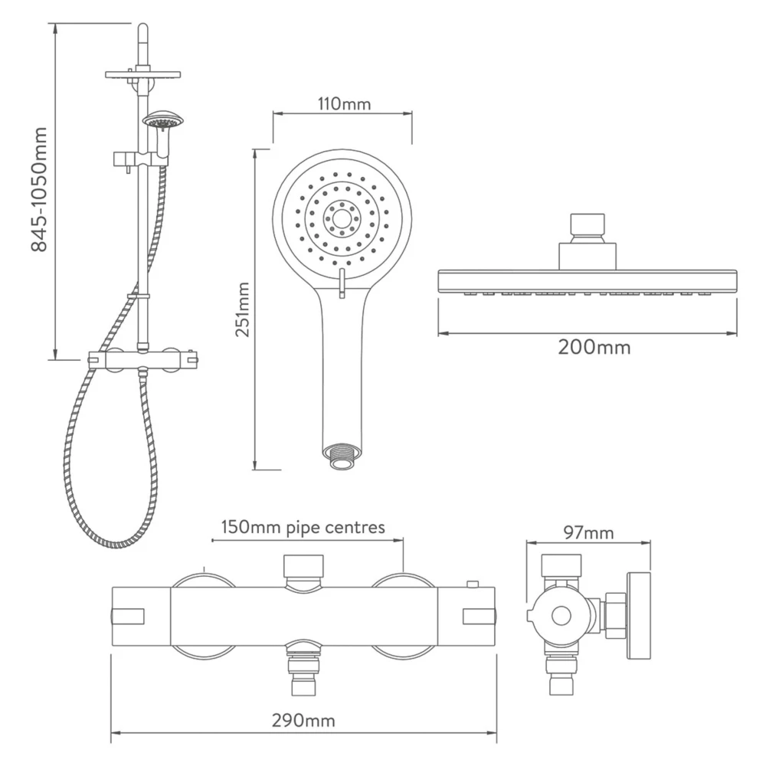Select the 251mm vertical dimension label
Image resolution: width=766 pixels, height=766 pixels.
[x=243, y=309]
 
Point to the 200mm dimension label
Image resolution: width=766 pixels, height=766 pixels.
[x=594, y=347]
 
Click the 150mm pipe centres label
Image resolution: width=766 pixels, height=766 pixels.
[x=303, y=528]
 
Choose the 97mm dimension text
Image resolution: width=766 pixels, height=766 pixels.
[x=588, y=533]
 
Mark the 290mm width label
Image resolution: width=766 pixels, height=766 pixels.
[x=304, y=721]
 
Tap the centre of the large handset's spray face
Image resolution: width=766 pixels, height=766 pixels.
[x=342, y=218]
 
